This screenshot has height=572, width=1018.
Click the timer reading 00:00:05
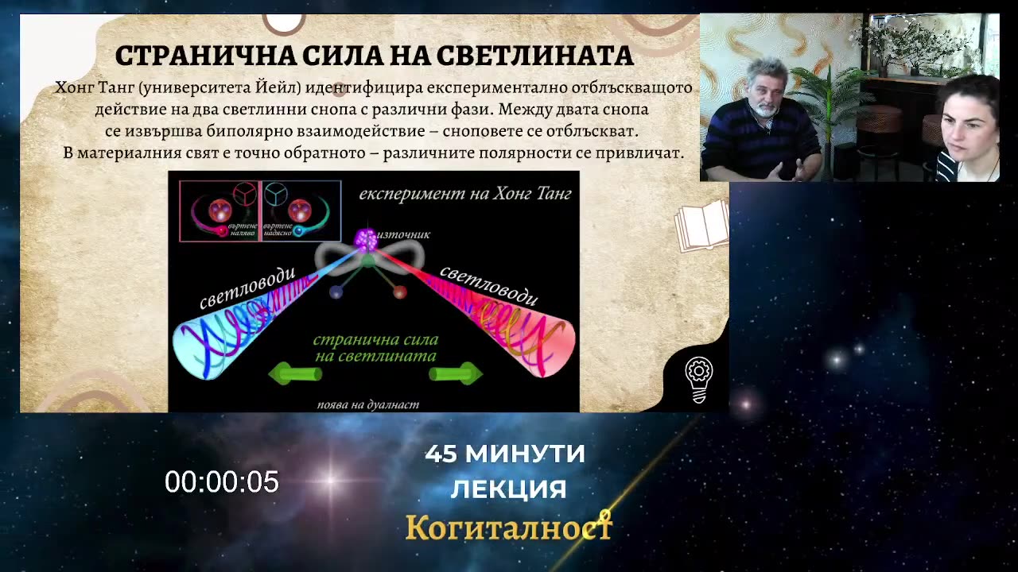[x=222, y=481]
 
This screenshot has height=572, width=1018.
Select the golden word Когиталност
[x=509, y=527]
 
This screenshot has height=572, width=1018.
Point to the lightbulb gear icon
[x=698, y=380]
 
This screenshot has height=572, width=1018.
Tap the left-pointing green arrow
[x=295, y=373]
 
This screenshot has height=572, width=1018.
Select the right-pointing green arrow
[x=457, y=373]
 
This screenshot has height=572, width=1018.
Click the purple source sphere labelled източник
[x=365, y=237]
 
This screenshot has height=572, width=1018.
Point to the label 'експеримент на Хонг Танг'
[x=464, y=194]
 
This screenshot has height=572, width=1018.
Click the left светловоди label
[x=247, y=288]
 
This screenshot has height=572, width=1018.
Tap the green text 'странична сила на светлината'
[x=375, y=348]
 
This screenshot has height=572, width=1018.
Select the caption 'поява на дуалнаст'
[x=367, y=404]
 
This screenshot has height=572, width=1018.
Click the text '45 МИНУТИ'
[x=505, y=454]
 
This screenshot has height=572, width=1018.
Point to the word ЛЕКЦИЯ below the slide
[x=508, y=489]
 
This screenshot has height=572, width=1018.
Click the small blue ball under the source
[x=336, y=292]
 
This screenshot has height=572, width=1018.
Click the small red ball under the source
[x=399, y=292]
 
